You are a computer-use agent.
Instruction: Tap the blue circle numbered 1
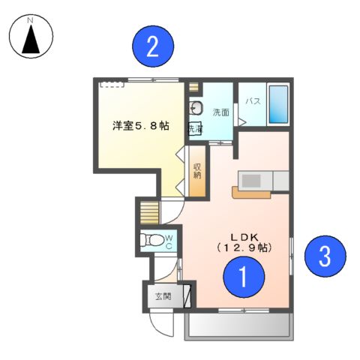pyautogui.click(x=244, y=279)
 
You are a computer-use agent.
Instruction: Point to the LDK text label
pyautogui.click(x=243, y=232)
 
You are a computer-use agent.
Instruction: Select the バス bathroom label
pyautogui.click(x=252, y=100)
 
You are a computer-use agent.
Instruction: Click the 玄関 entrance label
pyautogui.click(x=163, y=296)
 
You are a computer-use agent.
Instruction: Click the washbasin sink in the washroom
pyautogui.click(x=195, y=106)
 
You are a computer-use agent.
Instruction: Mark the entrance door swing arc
pyautogui.click(x=161, y=324)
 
